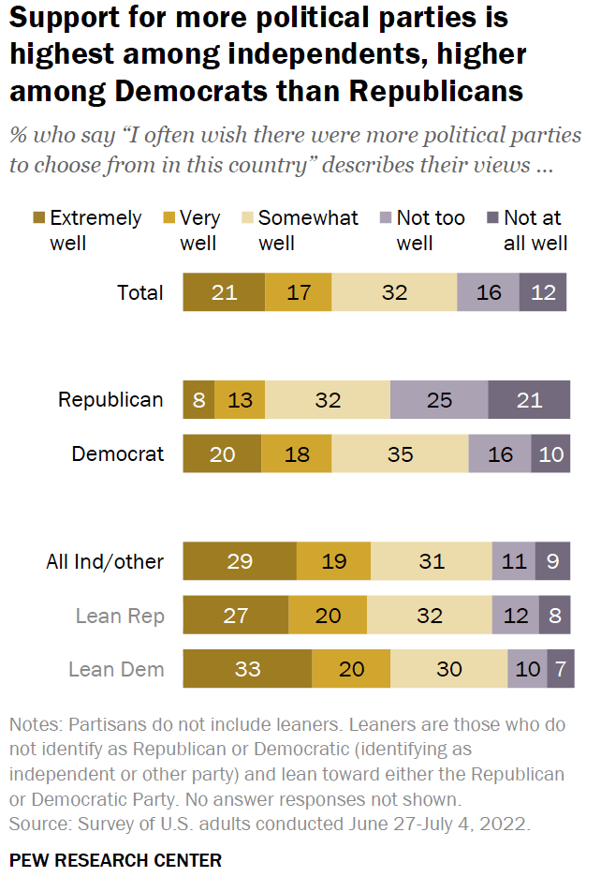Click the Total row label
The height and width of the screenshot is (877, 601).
click(139, 292)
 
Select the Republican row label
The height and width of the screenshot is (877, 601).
click(110, 400)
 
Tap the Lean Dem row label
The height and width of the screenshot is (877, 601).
click(116, 669)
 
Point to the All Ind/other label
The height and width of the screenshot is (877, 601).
click(105, 562)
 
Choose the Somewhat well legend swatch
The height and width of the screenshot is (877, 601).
click(245, 219)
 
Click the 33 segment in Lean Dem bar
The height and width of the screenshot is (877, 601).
click(247, 669)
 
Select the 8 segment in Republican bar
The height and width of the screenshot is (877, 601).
click(198, 400)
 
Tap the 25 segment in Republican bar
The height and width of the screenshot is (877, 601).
click(438, 400)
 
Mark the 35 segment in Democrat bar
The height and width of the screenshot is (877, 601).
click(400, 454)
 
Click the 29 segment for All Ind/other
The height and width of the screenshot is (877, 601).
click(239, 562)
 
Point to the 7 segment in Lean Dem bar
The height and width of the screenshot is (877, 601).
click(560, 669)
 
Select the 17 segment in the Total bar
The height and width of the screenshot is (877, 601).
click(298, 292)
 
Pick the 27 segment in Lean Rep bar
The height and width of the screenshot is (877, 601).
click(235, 616)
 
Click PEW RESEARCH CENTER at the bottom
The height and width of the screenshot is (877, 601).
click(115, 859)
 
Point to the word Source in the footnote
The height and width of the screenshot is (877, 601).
click(35, 824)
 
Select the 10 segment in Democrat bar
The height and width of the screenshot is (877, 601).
click(550, 454)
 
